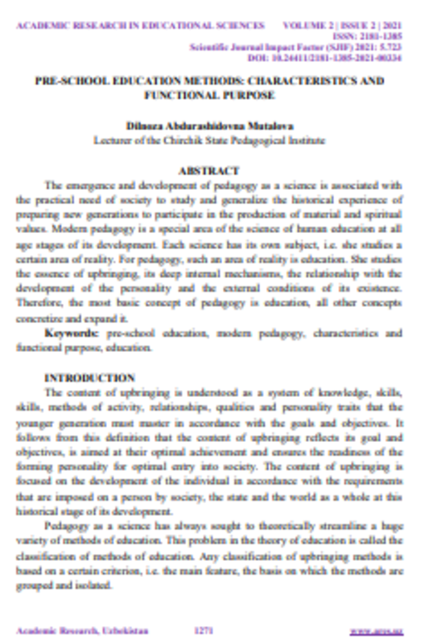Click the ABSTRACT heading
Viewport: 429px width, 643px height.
click(x=208, y=170)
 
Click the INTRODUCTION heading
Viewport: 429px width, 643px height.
click(x=89, y=378)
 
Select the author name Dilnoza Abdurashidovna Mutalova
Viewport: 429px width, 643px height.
click(x=209, y=126)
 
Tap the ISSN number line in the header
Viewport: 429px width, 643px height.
click(x=379, y=36)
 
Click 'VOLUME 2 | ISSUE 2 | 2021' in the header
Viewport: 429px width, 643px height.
click(x=353, y=26)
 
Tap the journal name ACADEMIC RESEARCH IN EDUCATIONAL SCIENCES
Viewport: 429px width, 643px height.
click(x=140, y=26)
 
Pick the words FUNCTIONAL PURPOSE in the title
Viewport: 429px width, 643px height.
click(x=209, y=94)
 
